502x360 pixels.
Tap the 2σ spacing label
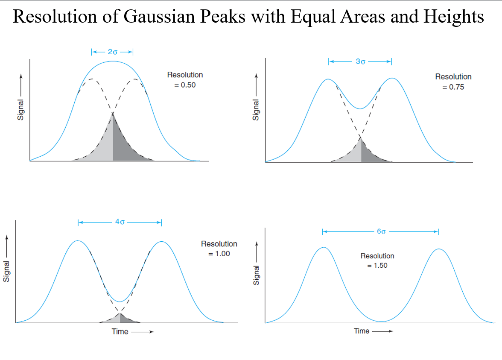click(x=112, y=52)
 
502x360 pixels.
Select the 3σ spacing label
click(x=360, y=61)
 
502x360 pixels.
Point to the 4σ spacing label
click(x=120, y=222)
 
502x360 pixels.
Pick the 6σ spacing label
click(x=381, y=231)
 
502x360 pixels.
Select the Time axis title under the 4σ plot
click(x=120, y=332)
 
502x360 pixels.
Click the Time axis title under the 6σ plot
click(x=362, y=331)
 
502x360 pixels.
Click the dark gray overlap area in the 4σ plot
click(x=126, y=319)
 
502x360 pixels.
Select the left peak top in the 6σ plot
click(x=323, y=247)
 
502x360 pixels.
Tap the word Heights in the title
click(x=454, y=17)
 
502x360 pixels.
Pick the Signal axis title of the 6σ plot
click(x=256, y=275)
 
